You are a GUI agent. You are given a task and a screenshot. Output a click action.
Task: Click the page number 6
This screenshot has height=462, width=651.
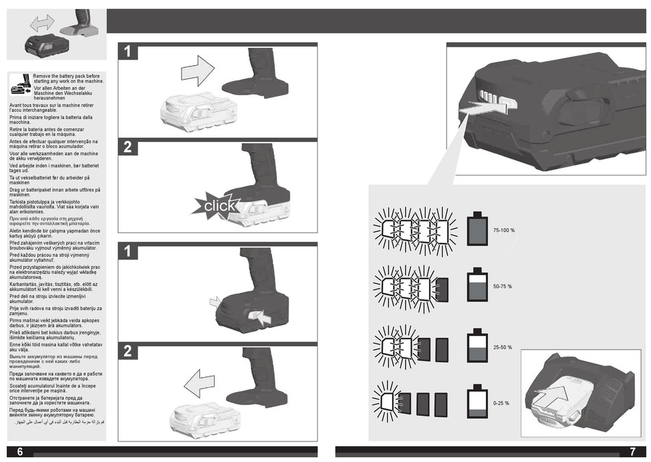coord(20,451)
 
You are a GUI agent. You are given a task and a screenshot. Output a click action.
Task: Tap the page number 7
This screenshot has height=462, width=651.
coord(632,452)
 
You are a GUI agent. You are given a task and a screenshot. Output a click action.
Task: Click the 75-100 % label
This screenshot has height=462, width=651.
coord(504,230)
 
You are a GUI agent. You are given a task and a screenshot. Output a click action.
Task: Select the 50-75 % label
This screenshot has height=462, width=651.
coord(502,287)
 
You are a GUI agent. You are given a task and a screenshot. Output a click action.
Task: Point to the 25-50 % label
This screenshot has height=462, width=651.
coord(502,348)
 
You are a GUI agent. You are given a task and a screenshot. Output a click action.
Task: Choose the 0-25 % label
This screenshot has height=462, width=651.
coord(501,403)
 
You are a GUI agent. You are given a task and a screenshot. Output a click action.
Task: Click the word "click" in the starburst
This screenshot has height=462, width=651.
coord(219,206)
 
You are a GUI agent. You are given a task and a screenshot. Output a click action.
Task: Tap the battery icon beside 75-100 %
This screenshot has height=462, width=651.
coord(477,229)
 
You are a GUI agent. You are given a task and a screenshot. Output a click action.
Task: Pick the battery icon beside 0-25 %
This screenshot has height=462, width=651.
coord(477,402)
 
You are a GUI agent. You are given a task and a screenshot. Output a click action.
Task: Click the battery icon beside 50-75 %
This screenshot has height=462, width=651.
coord(477,286)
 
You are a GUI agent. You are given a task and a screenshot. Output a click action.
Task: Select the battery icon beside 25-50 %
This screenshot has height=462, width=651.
coord(477,347)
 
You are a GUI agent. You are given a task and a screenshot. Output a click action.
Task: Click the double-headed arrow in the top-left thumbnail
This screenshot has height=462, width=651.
coord(42,23)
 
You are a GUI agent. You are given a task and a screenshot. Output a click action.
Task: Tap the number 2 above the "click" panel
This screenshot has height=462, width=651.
coord(127,147)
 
